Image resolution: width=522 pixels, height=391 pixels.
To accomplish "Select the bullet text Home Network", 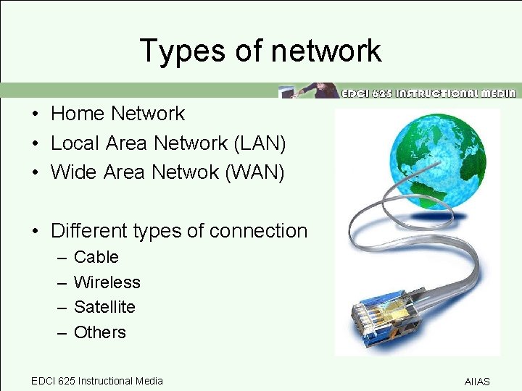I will pos(118,114).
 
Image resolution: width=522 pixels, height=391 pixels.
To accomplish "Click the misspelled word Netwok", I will pos(194,173).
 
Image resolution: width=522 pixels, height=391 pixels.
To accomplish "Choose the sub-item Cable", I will pos(96,257).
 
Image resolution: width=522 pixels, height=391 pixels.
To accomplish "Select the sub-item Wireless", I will pos(107,282).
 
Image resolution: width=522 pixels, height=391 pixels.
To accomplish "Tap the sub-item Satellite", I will pos(104,307).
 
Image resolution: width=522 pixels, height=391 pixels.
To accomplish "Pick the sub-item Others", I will pos(100,332).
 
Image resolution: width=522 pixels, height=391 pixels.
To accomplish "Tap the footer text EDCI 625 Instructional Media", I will pos(97,381).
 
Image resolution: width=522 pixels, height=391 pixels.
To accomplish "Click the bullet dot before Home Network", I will pos(35,114).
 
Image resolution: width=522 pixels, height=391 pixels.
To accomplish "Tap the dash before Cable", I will pos(60,258).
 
